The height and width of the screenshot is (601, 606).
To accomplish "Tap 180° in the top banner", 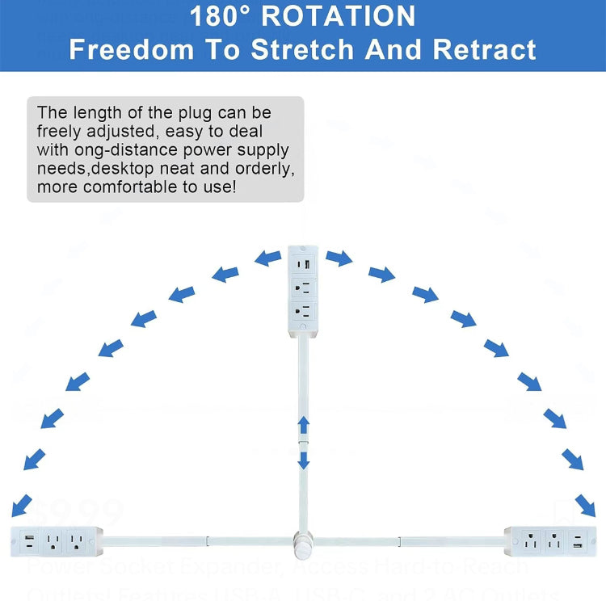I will pyautogui.click(x=225, y=15).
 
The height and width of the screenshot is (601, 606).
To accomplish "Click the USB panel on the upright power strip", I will pyautogui.click(x=303, y=264).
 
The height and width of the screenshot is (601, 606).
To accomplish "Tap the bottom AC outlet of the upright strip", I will pyautogui.click(x=303, y=311).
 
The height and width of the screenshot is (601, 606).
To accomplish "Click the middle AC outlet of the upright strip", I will pyautogui.click(x=303, y=288).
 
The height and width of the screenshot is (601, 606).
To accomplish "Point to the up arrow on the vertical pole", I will pyautogui.click(x=303, y=425).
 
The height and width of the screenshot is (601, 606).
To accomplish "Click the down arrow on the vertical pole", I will pyautogui.click(x=303, y=460).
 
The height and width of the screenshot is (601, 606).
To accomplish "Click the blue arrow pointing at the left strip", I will pyautogui.click(x=22, y=504).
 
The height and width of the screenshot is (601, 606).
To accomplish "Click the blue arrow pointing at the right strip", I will pyautogui.click(x=585, y=505).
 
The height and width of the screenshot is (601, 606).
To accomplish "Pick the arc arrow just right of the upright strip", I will pyautogui.click(x=339, y=258).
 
